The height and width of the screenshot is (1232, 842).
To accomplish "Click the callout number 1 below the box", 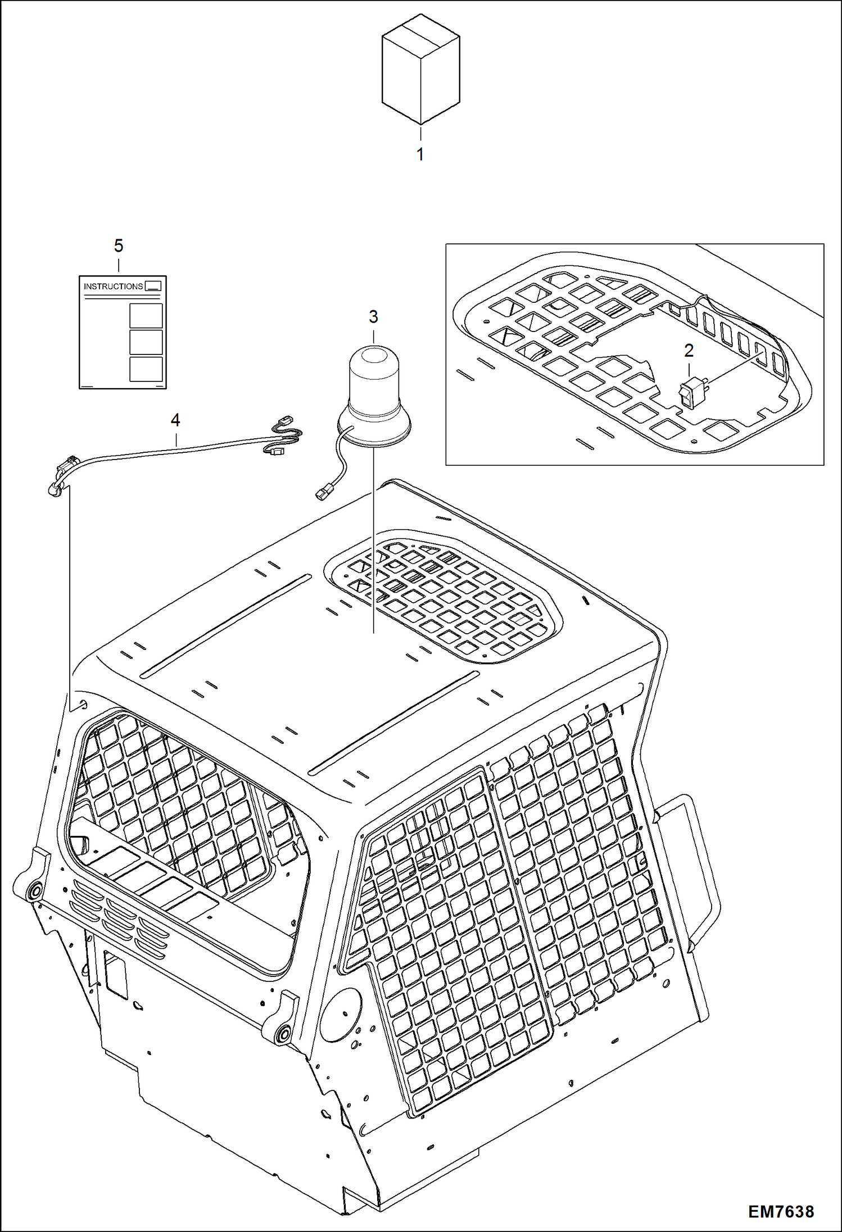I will pyautogui.click(x=420, y=154).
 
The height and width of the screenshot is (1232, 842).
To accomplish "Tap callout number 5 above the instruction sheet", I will pyautogui.click(x=119, y=246).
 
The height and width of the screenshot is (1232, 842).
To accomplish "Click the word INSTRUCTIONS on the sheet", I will pyautogui.click(x=113, y=287).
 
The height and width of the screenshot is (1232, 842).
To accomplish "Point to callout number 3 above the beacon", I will pyautogui.click(x=373, y=317).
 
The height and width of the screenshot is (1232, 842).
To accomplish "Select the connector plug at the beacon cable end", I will pyautogui.click(x=322, y=494).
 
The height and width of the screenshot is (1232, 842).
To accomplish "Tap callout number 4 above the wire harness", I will pyautogui.click(x=175, y=420).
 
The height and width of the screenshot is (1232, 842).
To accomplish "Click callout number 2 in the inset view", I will pyautogui.click(x=689, y=351).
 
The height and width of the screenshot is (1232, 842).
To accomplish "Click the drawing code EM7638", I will pyautogui.click(x=781, y=1211).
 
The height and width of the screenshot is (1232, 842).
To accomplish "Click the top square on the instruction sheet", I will pyautogui.click(x=146, y=316).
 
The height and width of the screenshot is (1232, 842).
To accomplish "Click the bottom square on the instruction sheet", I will pyautogui.click(x=146, y=369).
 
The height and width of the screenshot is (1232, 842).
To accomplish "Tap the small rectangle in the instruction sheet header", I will pyautogui.click(x=153, y=286).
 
